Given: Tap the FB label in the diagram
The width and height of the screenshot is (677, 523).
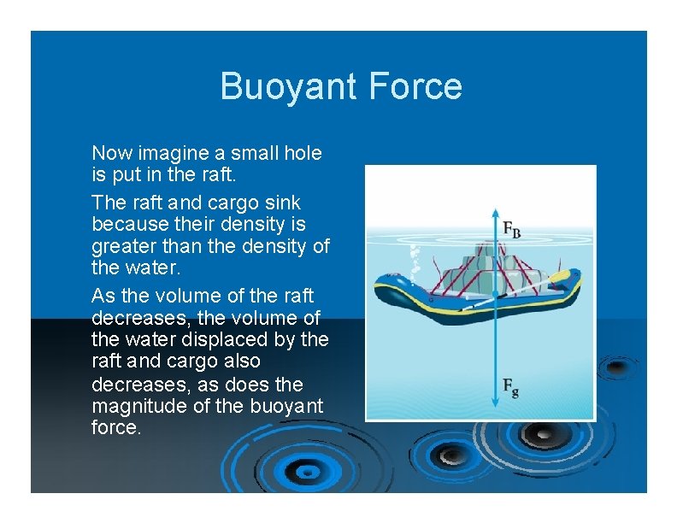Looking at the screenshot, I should pos(512,229).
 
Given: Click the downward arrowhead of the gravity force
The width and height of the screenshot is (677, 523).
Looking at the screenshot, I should pos(495,401).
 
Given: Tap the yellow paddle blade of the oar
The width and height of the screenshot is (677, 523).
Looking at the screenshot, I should pos(559,278).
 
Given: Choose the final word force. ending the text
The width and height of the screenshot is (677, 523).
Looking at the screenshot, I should pos(115,427).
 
